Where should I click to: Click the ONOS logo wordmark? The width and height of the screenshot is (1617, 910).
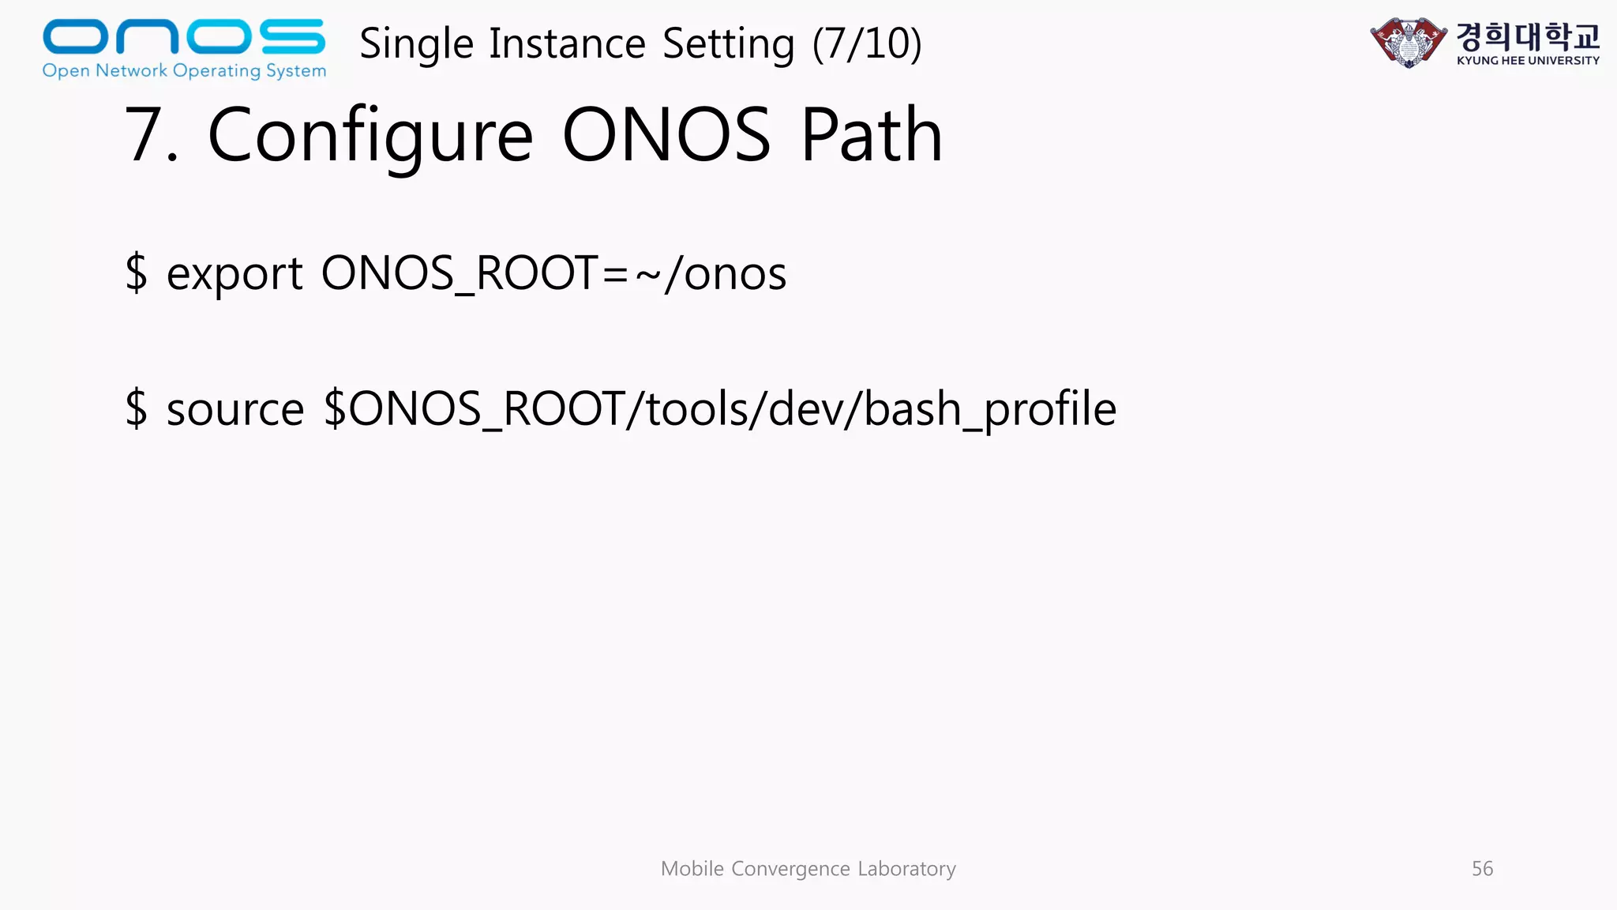click(183, 37)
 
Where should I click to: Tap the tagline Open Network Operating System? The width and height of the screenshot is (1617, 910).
click(184, 70)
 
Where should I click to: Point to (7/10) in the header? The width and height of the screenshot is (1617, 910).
click(867, 43)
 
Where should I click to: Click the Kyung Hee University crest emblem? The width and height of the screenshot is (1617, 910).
click(1409, 42)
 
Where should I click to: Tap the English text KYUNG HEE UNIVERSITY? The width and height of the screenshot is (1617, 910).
click(1528, 61)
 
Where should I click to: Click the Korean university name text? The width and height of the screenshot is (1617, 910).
click(1528, 36)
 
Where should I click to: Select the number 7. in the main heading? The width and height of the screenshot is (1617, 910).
click(151, 135)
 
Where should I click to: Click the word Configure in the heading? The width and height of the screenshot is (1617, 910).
click(370, 135)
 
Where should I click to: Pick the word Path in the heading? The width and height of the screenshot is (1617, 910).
click(872, 135)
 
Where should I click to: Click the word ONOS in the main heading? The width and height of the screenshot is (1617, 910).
click(666, 135)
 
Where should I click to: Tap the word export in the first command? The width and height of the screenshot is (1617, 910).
click(234, 273)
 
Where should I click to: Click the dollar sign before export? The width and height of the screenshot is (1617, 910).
click(136, 273)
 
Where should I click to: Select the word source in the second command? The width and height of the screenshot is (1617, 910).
click(234, 409)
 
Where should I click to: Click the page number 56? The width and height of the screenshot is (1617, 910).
click(1482, 869)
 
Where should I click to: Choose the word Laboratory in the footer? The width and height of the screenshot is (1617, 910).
click(906, 869)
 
